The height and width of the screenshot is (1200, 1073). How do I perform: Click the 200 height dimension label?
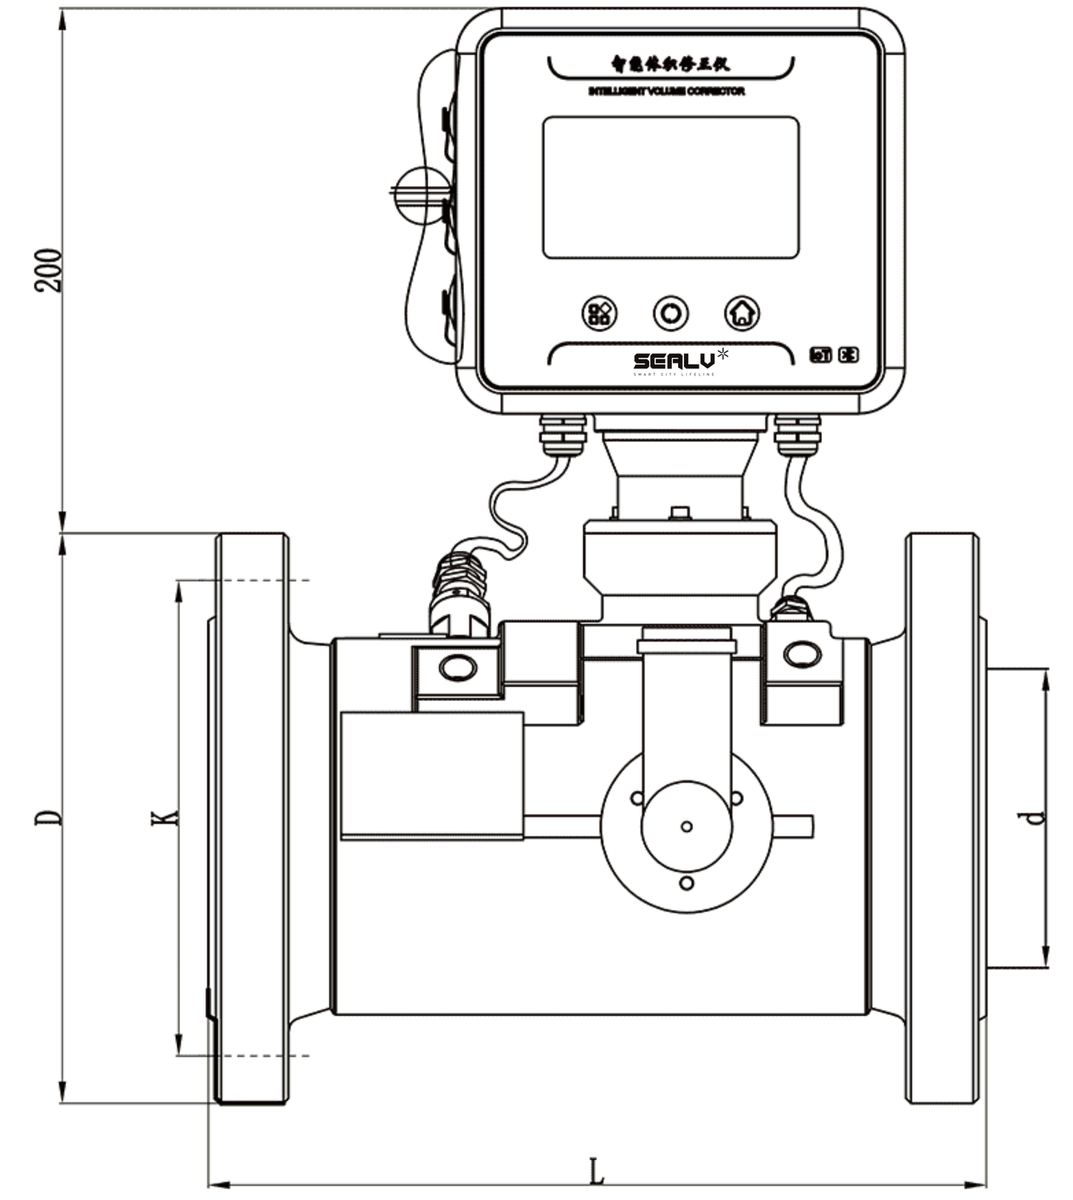[x=49, y=271]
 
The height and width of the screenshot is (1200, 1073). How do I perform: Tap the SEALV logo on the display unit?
[x=674, y=361]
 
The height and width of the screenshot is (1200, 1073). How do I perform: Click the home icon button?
[x=742, y=313]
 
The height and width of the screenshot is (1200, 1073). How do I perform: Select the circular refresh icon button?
[x=671, y=313]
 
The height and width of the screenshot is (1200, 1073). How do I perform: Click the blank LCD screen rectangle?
[x=671, y=187]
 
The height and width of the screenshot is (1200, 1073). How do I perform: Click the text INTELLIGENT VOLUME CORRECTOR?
[x=666, y=91]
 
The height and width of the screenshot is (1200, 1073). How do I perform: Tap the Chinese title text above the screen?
[x=670, y=65]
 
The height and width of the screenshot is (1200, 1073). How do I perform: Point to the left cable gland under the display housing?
[x=563, y=436]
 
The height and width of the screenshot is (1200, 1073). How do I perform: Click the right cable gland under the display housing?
[x=798, y=436]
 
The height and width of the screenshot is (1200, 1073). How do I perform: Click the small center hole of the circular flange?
[x=686, y=827]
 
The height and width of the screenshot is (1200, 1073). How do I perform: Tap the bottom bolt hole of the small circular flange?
[x=686, y=883]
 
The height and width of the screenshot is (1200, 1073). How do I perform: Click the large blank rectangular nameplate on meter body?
[x=432, y=775]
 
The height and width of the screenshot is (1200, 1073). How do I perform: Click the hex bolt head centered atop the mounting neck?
[x=679, y=513]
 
